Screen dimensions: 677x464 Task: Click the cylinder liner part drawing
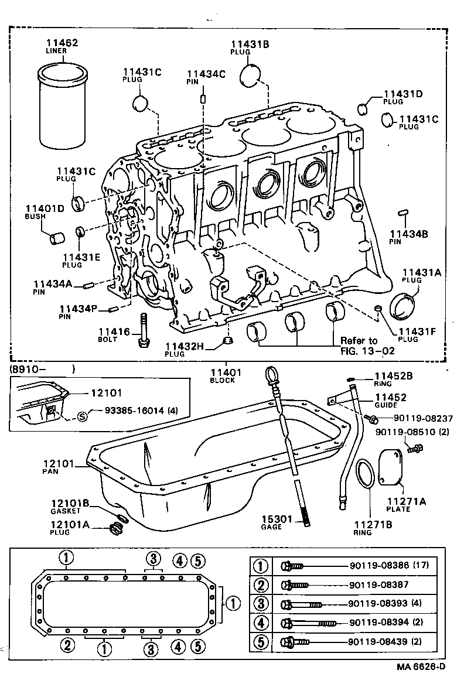pos(63,109)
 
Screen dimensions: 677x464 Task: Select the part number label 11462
pos(62,43)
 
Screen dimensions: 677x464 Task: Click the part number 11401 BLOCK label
pos(222,375)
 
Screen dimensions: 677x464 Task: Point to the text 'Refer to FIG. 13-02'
pos(367,346)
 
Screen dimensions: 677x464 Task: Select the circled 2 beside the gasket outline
pos(67,645)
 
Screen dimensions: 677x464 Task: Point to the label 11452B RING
pos(394,379)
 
